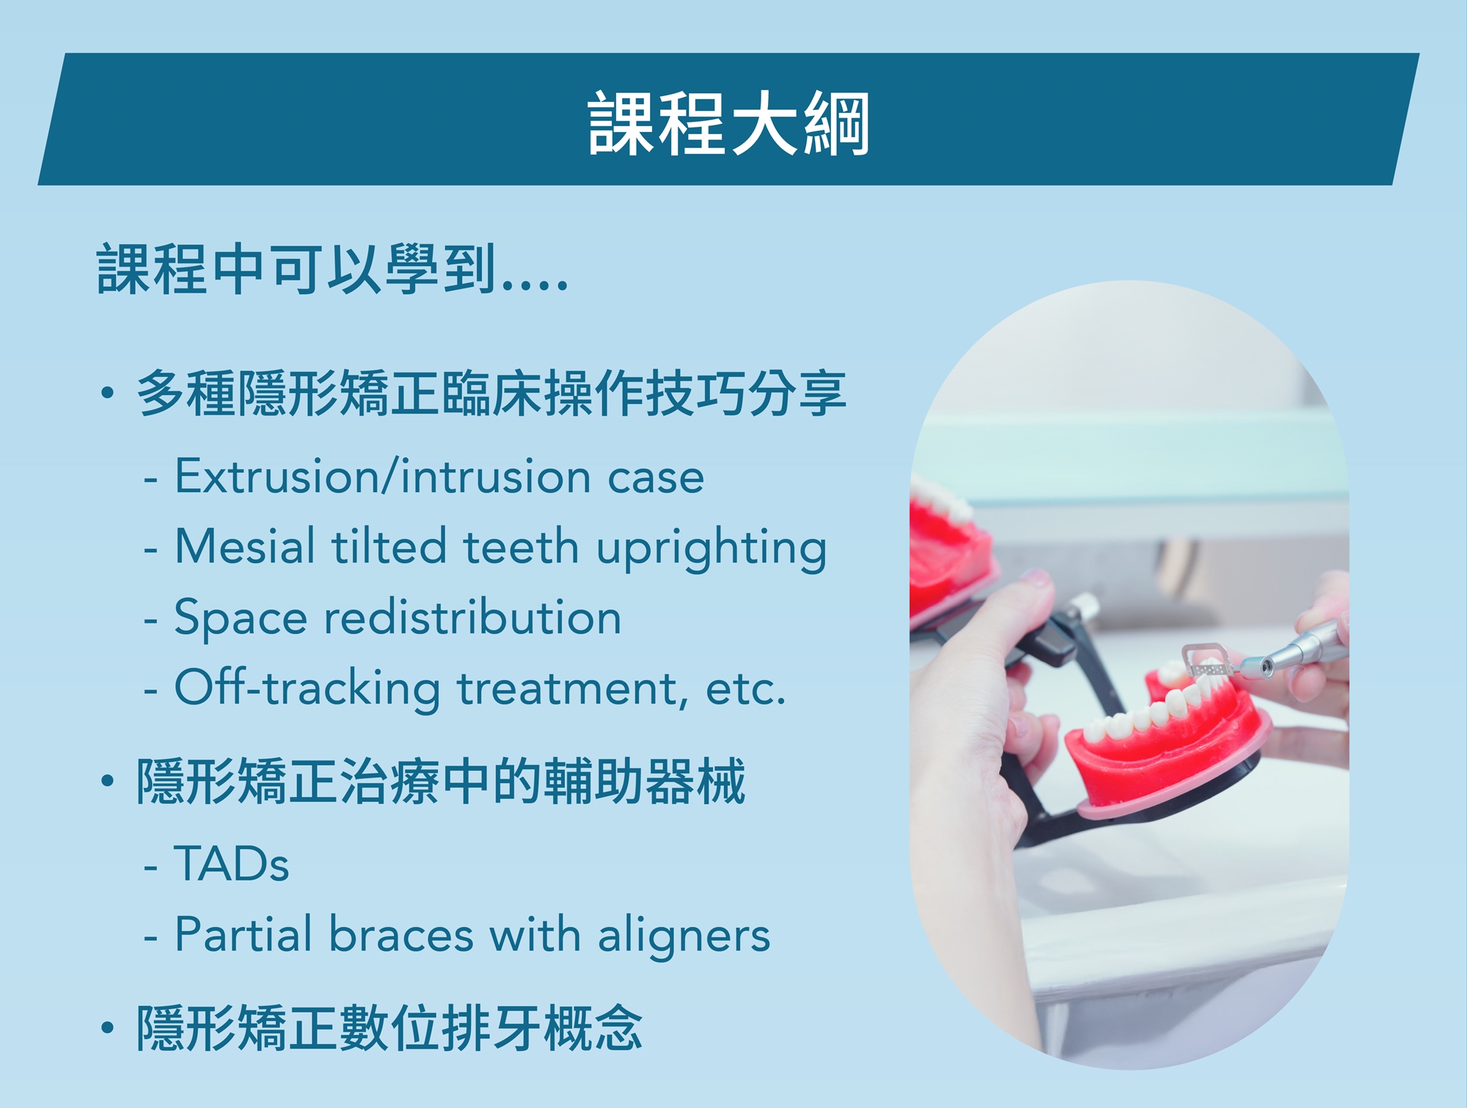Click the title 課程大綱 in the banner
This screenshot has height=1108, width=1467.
click(728, 123)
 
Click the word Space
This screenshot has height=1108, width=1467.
click(241, 618)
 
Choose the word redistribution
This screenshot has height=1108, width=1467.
click(473, 617)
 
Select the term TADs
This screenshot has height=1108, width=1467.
click(232, 863)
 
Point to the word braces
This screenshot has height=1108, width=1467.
click(401, 934)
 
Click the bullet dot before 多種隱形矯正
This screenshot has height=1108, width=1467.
click(108, 393)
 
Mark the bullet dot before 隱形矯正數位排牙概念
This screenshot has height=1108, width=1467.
click(108, 1027)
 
